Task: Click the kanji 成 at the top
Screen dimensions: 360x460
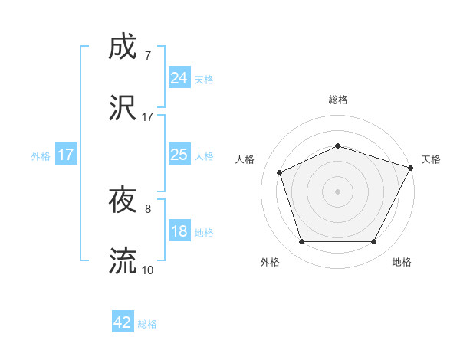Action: [x=123, y=47]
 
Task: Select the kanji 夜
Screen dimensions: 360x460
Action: [x=123, y=201]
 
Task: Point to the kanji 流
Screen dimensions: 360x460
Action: [x=123, y=261]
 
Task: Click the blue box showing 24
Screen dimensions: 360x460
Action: [x=179, y=77]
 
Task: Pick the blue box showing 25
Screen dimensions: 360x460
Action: [x=179, y=155]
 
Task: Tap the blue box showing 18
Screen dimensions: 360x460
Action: [x=179, y=231]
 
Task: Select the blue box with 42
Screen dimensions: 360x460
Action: [x=123, y=322]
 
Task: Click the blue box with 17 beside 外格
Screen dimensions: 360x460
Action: [x=66, y=155]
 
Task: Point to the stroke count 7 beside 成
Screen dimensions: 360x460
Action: [x=147, y=56]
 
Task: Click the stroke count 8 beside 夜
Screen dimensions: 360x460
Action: [x=147, y=208]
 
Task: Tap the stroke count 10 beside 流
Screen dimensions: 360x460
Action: [x=147, y=270]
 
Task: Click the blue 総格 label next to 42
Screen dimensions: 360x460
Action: [x=147, y=324]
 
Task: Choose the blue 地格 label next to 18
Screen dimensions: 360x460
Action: [x=204, y=233]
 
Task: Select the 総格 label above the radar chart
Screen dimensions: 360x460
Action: [x=337, y=100]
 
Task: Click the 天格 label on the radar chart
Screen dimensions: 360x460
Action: [x=431, y=159]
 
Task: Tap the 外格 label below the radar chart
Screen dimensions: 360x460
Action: [x=270, y=262]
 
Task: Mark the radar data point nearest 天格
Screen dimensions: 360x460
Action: [x=411, y=167]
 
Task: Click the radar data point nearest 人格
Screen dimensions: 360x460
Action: [x=280, y=172]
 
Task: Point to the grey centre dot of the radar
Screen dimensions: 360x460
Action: [x=337, y=191]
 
